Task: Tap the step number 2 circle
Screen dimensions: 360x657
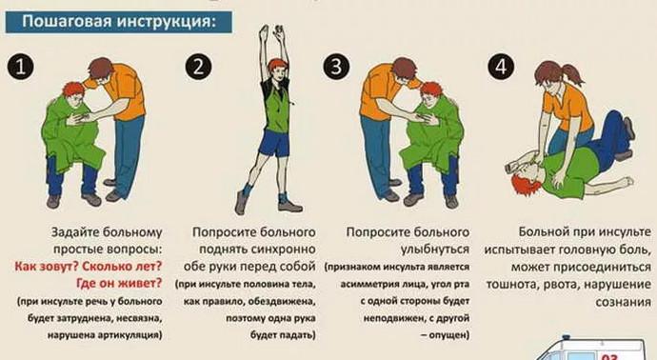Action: [199, 68]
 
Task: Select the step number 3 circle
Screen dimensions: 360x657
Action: [336, 68]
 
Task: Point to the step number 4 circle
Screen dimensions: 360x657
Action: [499, 68]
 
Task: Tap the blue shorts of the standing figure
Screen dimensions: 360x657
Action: [275, 143]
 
